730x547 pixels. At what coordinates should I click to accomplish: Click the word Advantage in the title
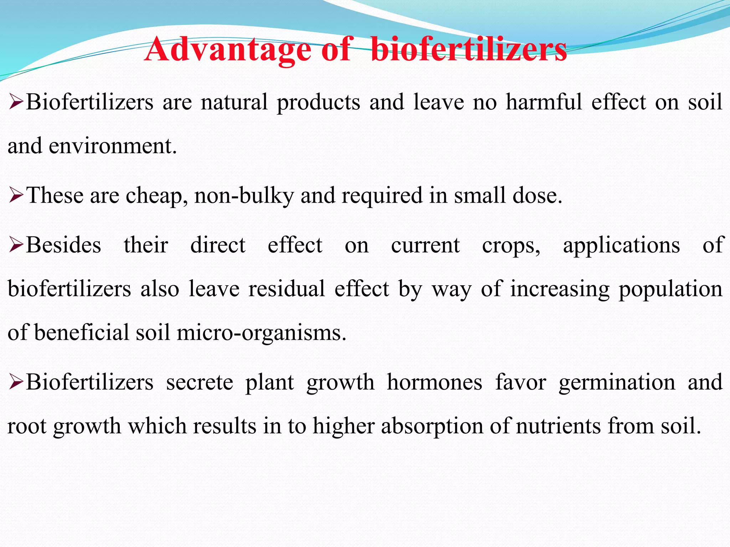point(228,50)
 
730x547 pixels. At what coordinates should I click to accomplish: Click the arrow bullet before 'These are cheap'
point(16,196)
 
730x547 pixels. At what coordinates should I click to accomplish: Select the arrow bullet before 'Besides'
point(16,245)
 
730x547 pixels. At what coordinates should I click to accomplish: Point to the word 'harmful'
point(544,102)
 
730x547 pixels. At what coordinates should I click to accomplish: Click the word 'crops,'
point(511,246)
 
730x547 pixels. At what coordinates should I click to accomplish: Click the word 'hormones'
point(435,382)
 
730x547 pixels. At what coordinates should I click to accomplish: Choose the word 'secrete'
point(200,382)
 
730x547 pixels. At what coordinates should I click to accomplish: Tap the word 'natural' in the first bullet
point(234,102)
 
